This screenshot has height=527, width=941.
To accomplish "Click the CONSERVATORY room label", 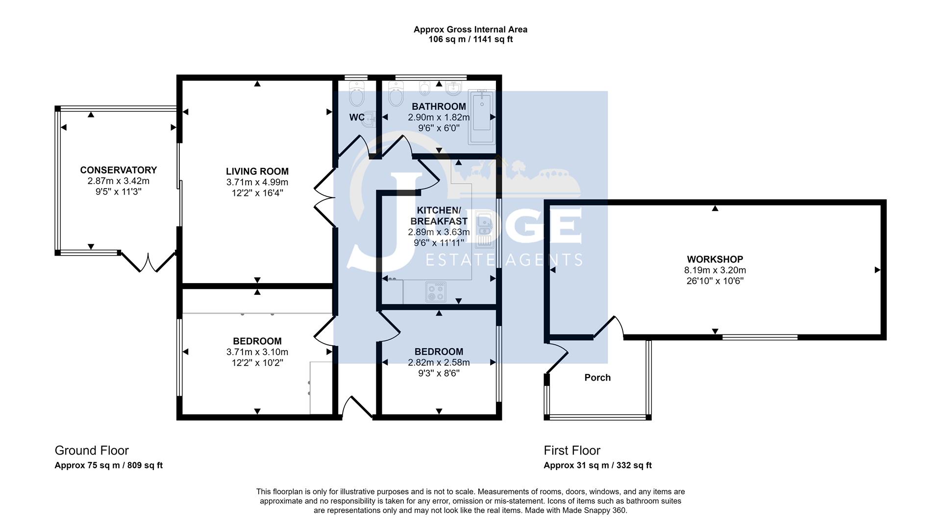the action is (x=119, y=170).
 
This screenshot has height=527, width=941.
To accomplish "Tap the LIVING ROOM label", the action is (x=257, y=171).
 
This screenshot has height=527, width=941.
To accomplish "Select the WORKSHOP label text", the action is (x=715, y=259).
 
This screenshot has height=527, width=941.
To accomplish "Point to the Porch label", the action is (x=597, y=378).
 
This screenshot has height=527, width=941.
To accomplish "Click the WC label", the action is (x=357, y=117).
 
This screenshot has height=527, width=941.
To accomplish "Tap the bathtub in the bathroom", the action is (x=482, y=117).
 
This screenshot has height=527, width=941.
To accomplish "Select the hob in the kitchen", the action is (x=436, y=292).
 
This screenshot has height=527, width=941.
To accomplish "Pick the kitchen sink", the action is (x=484, y=229).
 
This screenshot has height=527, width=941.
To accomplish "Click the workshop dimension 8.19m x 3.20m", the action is (x=715, y=270).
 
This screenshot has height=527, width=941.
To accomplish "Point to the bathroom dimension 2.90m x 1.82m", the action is (x=439, y=118).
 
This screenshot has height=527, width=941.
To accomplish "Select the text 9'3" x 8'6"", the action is (x=439, y=373).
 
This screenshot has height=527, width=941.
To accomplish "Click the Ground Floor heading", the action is (x=92, y=451).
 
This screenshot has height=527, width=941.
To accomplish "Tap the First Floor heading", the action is (x=572, y=451).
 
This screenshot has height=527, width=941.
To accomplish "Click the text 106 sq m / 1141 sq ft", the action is (x=470, y=39).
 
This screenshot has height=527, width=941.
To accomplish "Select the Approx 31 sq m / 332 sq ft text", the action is (x=597, y=465).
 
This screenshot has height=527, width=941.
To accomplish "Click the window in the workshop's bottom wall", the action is (x=760, y=337).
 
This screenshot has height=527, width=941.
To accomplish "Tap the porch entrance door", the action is (x=556, y=358).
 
